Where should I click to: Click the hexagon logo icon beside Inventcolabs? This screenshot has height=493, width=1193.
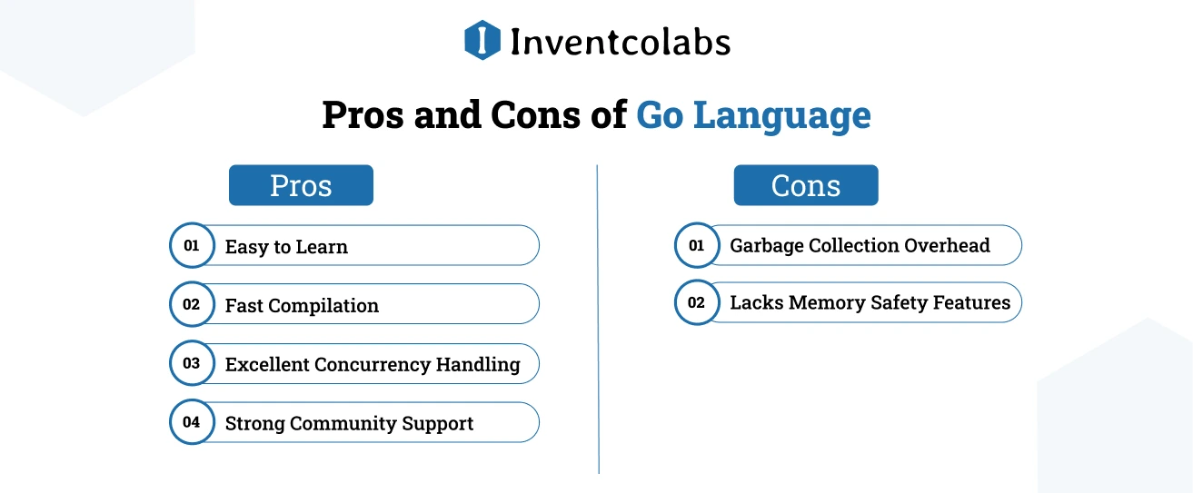(x=482, y=40)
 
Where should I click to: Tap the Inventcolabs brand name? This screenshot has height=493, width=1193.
(x=620, y=42)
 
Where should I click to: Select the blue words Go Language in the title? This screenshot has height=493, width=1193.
(x=753, y=116)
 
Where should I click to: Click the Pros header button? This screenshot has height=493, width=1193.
(x=301, y=185)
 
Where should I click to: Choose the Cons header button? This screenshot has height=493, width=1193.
(x=806, y=185)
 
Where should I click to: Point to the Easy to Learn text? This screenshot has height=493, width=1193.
(x=286, y=246)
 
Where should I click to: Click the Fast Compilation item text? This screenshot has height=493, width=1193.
(x=302, y=305)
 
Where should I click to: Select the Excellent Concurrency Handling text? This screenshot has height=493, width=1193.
(x=373, y=364)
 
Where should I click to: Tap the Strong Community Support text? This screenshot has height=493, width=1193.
(x=349, y=423)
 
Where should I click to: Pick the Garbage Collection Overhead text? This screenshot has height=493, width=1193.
(x=860, y=245)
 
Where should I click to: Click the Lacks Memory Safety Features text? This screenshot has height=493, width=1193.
(x=870, y=302)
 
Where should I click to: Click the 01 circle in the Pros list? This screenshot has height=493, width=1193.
(x=192, y=245)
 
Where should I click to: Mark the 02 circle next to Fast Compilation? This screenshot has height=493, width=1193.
(x=192, y=304)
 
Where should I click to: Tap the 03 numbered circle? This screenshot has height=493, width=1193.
(x=192, y=363)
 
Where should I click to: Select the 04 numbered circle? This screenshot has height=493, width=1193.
(x=192, y=422)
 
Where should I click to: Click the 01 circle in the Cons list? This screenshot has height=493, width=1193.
(x=697, y=245)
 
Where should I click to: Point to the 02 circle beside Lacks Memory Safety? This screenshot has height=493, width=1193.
(x=697, y=302)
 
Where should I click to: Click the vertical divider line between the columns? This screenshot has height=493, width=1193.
(x=598, y=318)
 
